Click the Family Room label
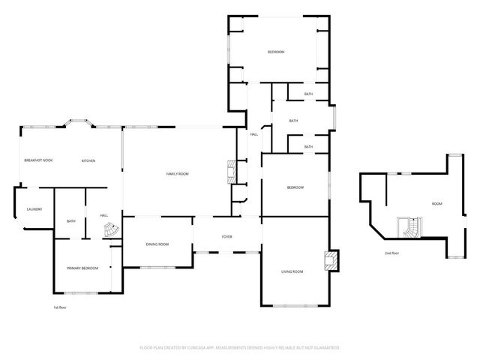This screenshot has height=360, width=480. [x=177, y=174]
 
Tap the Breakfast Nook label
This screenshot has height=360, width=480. [x=38, y=161]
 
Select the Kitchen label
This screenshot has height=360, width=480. [x=88, y=161]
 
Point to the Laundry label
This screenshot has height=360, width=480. [x=34, y=209]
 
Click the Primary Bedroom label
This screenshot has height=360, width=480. [x=82, y=268]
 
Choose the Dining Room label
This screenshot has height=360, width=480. [x=157, y=244]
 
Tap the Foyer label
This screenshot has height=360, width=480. [x=226, y=237]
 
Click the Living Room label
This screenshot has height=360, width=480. [x=292, y=271]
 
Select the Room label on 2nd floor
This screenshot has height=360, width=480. [x=436, y=204]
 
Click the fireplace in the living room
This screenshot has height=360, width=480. [x=329, y=259]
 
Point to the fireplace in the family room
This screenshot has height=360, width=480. [x=231, y=172]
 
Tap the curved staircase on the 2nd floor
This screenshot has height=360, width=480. [x=411, y=226]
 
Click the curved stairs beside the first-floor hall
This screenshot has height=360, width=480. [x=110, y=229]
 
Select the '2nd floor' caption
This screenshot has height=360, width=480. [x=391, y=253]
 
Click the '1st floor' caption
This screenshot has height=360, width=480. [x=60, y=307]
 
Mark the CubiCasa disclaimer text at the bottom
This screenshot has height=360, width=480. [x=240, y=348]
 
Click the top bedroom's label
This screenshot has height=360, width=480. [x=276, y=52]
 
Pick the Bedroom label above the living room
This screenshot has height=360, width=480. [x=295, y=187]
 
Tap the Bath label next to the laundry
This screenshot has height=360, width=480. [x=71, y=221]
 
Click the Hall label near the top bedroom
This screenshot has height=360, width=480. [x=254, y=134]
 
